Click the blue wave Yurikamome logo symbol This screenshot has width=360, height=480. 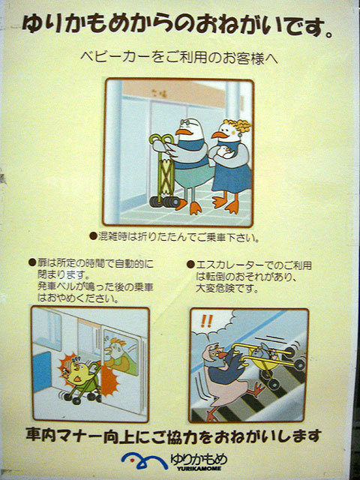[x=144, y=460]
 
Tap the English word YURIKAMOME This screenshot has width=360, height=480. [x=199, y=468]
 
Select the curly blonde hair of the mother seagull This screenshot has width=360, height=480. [x=238, y=126]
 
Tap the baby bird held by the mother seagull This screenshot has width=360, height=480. [x=225, y=151]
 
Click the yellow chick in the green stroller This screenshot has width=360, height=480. [x=76, y=371]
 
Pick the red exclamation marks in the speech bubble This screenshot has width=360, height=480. [x=207, y=321]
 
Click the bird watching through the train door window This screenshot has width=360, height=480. [x=117, y=355]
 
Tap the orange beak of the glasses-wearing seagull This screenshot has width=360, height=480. [x=184, y=132]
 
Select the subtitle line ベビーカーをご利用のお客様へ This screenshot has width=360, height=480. [x=179, y=58]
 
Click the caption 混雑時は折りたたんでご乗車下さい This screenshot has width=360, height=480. [x=178, y=237]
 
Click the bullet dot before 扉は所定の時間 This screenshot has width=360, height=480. [x=32, y=262]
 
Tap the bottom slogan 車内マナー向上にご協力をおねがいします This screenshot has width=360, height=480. [x=173, y=436]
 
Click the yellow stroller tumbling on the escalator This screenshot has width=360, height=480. [x=269, y=361]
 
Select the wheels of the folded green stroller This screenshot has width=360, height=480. [x=165, y=202]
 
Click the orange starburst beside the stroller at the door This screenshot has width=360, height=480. [x=109, y=380]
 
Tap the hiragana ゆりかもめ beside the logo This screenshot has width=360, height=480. [x=199, y=458]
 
